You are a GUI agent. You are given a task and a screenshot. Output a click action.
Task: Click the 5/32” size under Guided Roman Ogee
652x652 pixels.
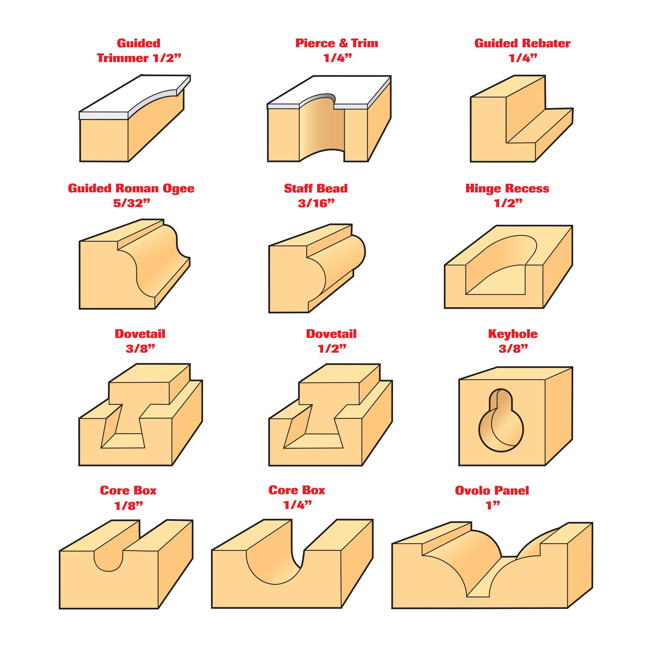131,203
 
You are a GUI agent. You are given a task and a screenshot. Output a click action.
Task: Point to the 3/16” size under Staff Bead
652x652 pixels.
316,203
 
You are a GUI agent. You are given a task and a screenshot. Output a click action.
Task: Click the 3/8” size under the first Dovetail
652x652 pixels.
141,348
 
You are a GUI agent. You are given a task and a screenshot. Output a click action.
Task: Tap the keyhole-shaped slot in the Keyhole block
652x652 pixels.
501,420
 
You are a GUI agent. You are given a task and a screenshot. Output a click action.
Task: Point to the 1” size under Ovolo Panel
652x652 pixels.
492,505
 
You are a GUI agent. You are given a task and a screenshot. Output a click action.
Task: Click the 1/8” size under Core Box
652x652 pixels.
128,506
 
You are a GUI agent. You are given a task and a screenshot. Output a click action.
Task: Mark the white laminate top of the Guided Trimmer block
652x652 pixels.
135,96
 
